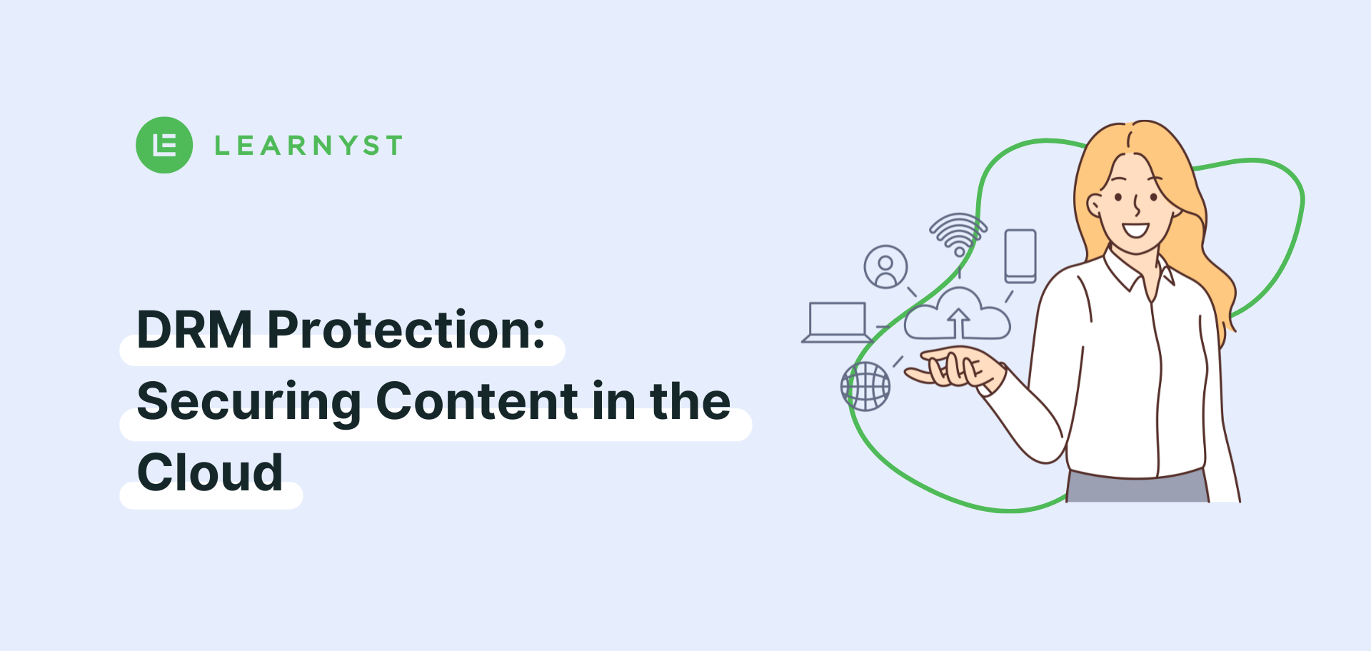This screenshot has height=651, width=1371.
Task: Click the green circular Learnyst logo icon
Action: click(164, 145)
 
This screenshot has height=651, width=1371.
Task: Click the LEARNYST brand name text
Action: click(308, 146)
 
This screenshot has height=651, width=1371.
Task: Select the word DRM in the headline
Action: click(194, 330)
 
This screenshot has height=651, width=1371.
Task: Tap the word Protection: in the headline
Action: click(406, 330)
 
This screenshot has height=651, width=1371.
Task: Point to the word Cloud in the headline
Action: click(210, 472)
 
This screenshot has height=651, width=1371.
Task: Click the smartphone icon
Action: click(1020, 256)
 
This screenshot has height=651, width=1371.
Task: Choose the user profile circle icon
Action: click(885, 267)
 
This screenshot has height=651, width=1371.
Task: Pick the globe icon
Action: click(865, 386)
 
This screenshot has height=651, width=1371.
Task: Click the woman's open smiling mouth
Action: click(1135, 231)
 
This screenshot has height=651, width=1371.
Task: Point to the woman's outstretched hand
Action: click(953, 367)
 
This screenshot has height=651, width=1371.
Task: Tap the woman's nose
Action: click(1137, 206)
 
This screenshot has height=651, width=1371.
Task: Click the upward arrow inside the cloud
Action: click(958, 323)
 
